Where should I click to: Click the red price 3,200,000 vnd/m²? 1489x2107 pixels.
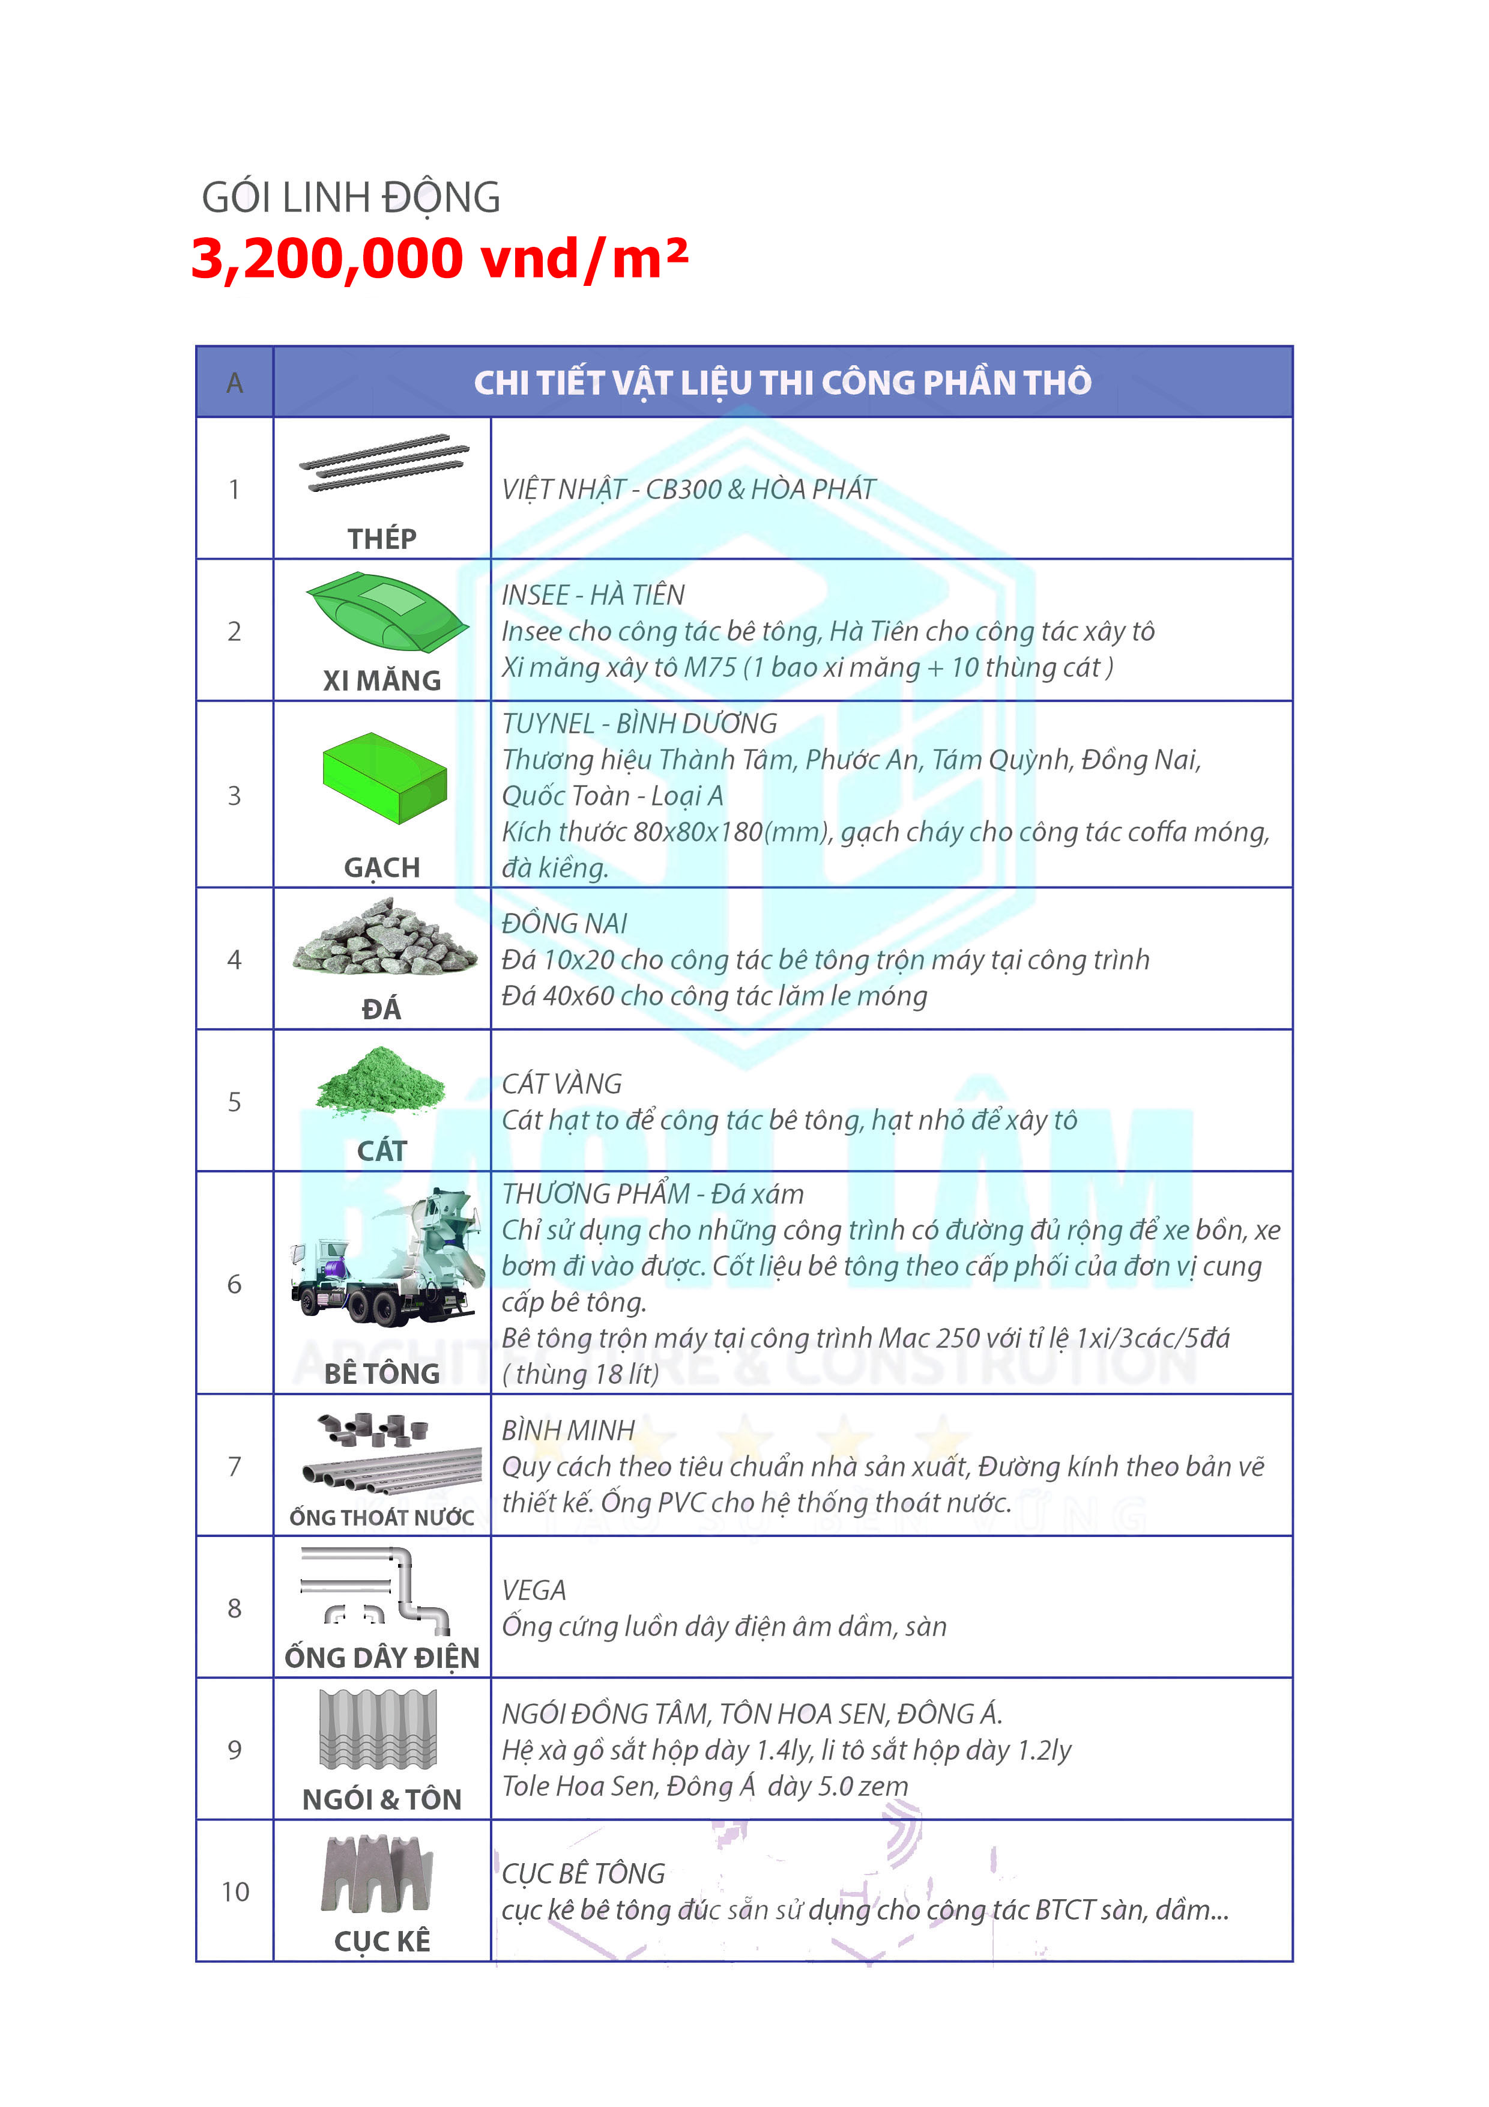438,259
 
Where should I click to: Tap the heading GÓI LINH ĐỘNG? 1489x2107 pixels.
351,197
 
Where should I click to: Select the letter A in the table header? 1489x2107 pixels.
235,383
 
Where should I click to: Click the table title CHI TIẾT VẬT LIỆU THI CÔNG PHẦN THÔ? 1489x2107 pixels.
782,383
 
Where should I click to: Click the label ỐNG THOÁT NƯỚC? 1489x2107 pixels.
382,1518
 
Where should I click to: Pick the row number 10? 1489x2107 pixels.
235,1891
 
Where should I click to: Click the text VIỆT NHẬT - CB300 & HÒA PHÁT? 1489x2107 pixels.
688,489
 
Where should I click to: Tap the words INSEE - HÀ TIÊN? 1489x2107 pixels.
593,595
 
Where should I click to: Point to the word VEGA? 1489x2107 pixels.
533,1590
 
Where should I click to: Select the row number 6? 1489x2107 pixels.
235,1284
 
